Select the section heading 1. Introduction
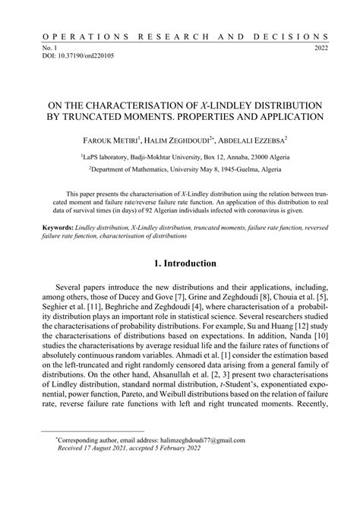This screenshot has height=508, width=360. (x=179, y=263)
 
